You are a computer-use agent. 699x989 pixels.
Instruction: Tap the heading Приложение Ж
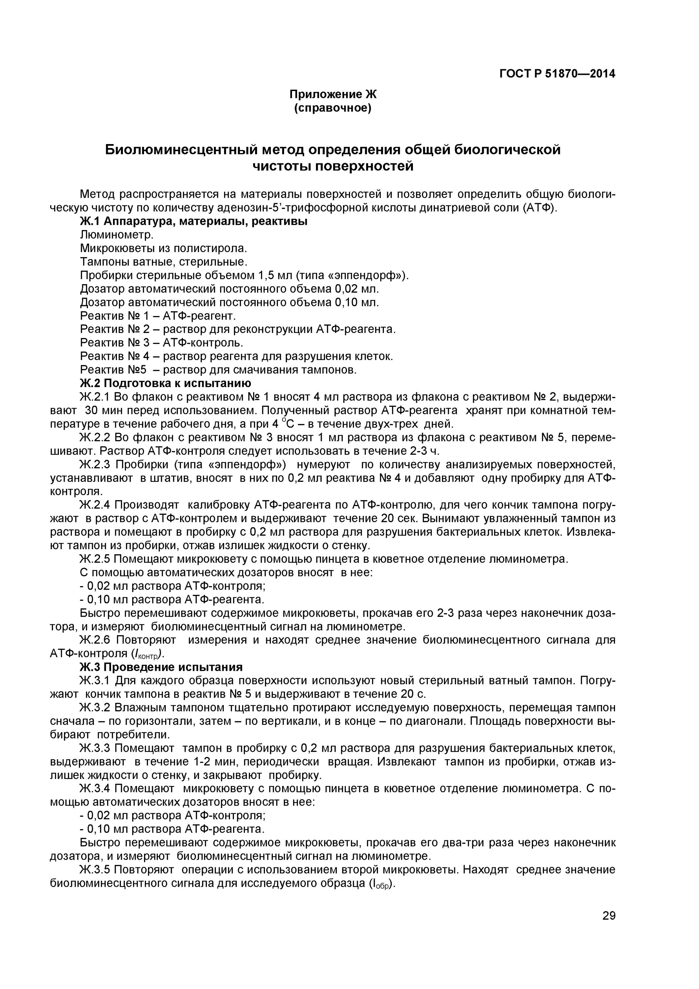(x=333, y=94)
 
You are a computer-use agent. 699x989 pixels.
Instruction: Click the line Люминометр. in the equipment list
(x=117, y=235)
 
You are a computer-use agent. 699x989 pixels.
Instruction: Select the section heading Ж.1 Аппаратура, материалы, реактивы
(x=193, y=222)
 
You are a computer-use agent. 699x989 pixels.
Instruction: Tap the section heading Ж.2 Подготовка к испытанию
(x=165, y=383)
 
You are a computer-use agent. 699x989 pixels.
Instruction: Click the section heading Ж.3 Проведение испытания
(x=161, y=667)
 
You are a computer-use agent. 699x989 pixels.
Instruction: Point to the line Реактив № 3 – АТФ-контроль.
(x=161, y=343)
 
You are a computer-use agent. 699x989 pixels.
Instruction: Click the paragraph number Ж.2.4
(x=95, y=504)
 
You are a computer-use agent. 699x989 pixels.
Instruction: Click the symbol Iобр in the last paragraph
(x=380, y=884)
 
